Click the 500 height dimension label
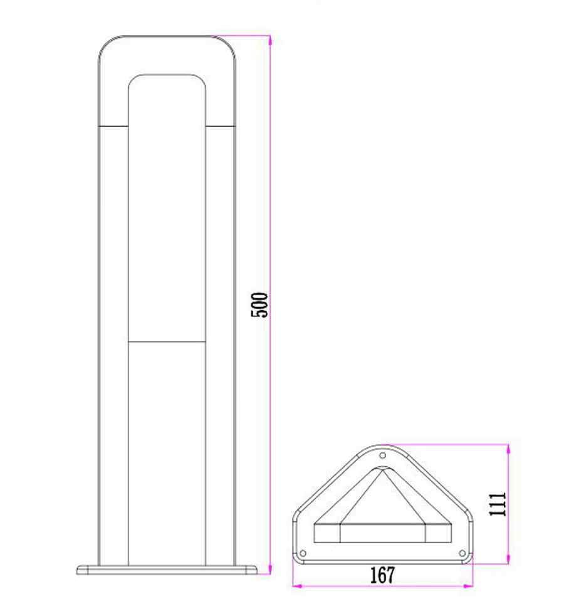pyautogui.click(x=259, y=305)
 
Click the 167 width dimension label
pyautogui.click(x=382, y=575)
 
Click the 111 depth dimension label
pyautogui.click(x=498, y=504)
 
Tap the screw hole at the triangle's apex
pyautogui.click(x=383, y=456)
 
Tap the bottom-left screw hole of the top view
pyautogui.click(x=303, y=553)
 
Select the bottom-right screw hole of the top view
pyautogui.click(x=462, y=553)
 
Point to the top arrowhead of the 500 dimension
pyautogui.click(x=270, y=41)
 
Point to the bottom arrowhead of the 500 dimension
pyautogui.click(x=270, y=569)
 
